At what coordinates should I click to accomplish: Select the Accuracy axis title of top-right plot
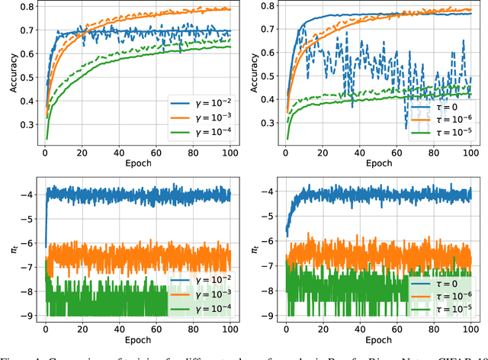pyautogui.click(x=248, y=75)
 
